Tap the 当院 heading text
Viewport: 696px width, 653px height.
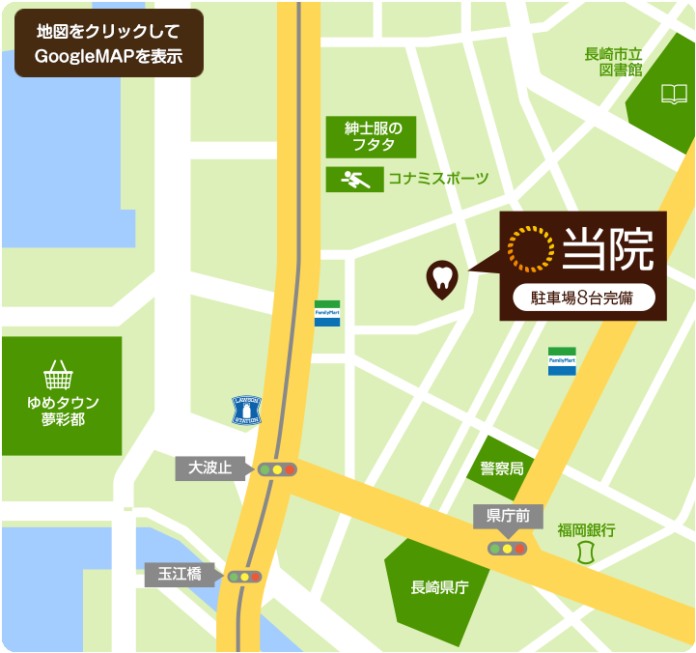(x=608, y=247)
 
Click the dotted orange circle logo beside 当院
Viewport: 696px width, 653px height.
(x=531, y=247)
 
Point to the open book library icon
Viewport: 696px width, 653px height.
(x=674, y=94)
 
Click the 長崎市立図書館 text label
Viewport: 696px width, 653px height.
(x=621, y=62)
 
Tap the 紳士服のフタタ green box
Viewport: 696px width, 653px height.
(x=371, y=137)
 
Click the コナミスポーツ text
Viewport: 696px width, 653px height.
(x=438, y=179)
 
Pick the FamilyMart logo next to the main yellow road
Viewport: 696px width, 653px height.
(x=327, y=314)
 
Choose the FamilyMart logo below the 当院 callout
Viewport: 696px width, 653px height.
(x=562, y=360)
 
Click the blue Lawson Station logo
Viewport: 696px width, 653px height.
(x=247, y=411)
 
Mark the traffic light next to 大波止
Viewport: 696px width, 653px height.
(x=277, y=469)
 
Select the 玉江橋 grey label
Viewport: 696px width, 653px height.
(x=180, y=575)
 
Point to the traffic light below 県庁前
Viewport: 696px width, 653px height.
(x=507, y=549)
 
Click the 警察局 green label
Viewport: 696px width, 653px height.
(x=502, y=468)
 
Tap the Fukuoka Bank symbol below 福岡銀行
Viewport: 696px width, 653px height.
(x=584, y=554)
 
